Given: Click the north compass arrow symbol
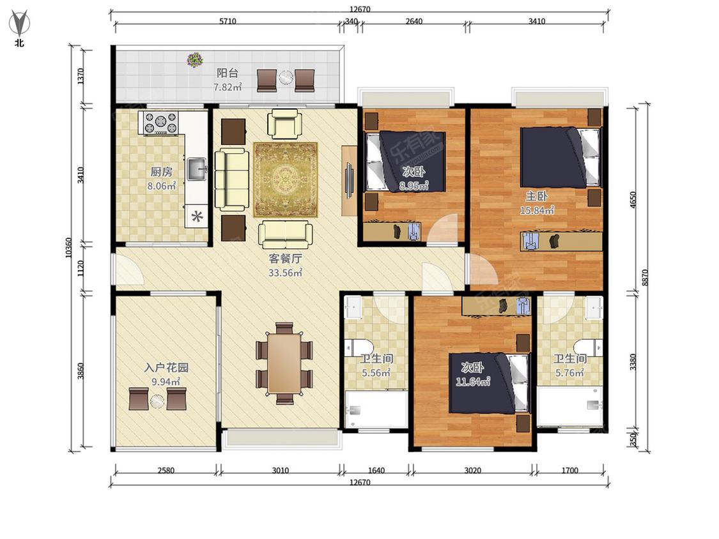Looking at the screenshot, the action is click(x=19, y=24).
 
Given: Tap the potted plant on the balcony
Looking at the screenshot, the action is click(x=195, y=60).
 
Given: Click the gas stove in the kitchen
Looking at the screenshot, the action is click(x=160, y=123).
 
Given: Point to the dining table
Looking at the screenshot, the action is click(x=284, y=363).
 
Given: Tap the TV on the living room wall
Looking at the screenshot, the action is click(x=350, y=180).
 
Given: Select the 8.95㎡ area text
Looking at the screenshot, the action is click(x=414, y=186).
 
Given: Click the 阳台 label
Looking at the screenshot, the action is click(x=228, y=73).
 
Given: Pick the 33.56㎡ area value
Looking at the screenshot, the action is click(x=285, y=273).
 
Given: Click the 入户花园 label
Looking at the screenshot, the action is click(x=166, y=368).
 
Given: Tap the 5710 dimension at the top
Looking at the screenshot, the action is click(x=228, y=21).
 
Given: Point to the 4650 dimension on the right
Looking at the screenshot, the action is click(x=633, y=200).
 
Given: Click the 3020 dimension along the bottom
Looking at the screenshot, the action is click(x=472, y=470).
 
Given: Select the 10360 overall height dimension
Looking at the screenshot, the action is click(x=68, y=248).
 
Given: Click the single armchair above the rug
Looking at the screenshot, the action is click(x=285, y=123).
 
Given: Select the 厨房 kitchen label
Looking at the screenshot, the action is click(x=162, y=172).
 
